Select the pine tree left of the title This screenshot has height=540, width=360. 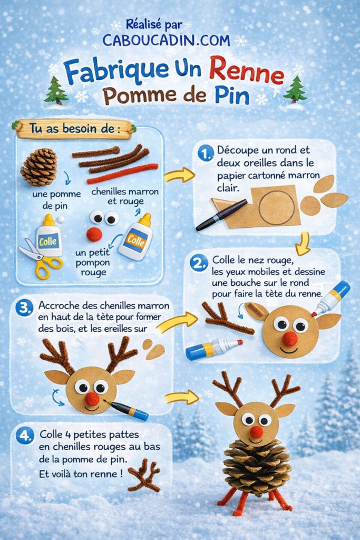(x=56, y=91)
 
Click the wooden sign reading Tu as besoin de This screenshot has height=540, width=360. (x=74, y=129)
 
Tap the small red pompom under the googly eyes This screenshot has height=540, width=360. (x=94, y=235)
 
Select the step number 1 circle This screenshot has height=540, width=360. (x=205, y=153)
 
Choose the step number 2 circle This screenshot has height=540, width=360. (x=199, y=263)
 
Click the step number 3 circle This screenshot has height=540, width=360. (x=24, y=308)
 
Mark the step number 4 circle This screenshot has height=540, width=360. (x=24, y=436)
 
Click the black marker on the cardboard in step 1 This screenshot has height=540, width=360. (x=221, y=215)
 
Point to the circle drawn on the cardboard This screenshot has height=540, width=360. (x=277, y=204)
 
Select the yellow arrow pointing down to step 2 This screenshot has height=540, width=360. (x=302, y=243)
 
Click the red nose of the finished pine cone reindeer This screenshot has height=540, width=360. (x=256, y=432)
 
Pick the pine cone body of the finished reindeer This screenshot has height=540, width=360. (x=257, y=467)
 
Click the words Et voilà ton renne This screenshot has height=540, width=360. (x=81, y=474)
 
